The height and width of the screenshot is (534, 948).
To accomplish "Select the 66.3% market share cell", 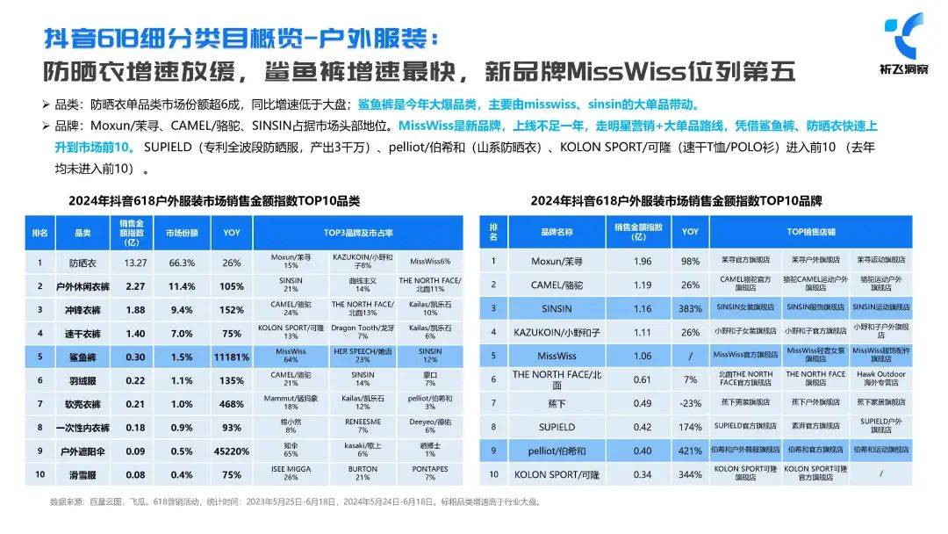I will click(x=182, y=262).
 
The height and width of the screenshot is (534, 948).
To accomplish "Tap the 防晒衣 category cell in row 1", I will click(x=83, y=262).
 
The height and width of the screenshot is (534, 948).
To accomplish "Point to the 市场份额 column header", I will click(x=182, y=233).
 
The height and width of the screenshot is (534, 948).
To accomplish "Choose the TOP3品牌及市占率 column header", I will click(x=357, y=233).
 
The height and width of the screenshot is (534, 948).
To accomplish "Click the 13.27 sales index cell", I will click(x=134, y=262).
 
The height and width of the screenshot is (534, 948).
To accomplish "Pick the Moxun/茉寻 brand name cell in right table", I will click(x=555, y=261).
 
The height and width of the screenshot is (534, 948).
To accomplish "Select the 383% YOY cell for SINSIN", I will click(x=690, y=308).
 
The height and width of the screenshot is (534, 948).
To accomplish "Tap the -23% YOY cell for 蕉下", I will click(x=690, y=403).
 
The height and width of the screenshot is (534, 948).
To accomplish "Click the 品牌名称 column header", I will click(x=555, y=232).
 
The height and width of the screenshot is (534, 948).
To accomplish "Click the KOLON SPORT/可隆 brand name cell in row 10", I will click(x=555, y=474).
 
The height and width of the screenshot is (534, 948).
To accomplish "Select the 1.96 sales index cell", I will click(x=643, y=261).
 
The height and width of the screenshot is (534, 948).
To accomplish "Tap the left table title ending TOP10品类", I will click(x=214, y=200).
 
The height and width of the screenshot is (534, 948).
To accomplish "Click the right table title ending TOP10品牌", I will click(x=676, y=200).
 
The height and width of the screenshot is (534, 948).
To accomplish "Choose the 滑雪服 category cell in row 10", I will click(x=83, y=474).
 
